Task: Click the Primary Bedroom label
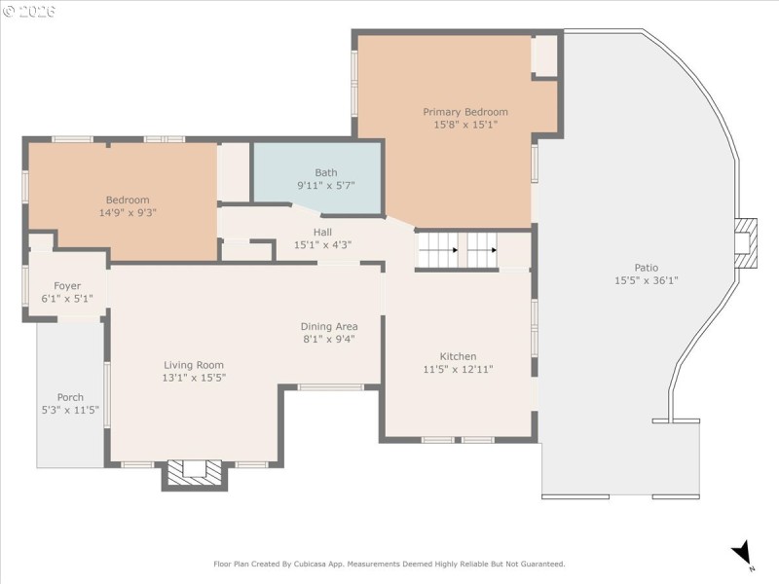coord(464,112)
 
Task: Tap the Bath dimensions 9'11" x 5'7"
coord(325,185)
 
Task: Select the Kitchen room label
coord(458,356)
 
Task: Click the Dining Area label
coord(328,326)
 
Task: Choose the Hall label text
coord(322,233)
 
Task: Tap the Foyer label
coord(67,286)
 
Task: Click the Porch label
coord(70,397)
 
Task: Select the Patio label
coord(646,268)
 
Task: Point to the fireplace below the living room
coord(194,472)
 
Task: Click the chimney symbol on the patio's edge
coord(745,237)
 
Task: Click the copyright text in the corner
coord(29,12)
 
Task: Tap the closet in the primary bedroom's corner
coord(545,55)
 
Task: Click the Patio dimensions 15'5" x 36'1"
coord(646,280)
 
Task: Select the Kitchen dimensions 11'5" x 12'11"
coord(458,369)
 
